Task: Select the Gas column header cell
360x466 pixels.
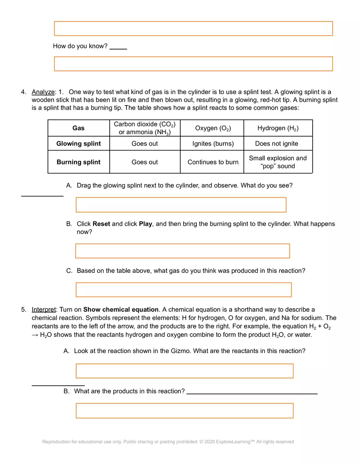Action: pos(79,128)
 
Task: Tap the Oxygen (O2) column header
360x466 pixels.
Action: pos(212,128)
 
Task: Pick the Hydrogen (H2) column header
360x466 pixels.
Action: pos(278,128)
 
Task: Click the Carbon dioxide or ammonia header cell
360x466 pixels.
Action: pos(144,128)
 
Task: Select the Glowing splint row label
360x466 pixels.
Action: pos(79,144)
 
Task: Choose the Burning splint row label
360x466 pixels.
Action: pos(79,162)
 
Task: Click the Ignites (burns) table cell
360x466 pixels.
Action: pos(213,144)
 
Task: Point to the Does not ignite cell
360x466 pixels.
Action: pos(277,144)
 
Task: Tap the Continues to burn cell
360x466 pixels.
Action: pos(213,162)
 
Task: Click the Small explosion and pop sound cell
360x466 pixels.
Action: pos(278,162)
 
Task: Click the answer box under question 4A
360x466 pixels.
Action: pos(181,205)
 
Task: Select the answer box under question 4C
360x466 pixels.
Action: pos(183,290)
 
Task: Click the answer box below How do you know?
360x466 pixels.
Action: pos(193,64)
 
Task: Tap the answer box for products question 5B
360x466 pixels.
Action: pos(184,411)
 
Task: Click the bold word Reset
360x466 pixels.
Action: pos(101,224)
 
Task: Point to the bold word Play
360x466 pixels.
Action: pos(145,224)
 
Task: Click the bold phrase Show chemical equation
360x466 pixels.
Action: pos(121,310)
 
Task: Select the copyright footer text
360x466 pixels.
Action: pos(168,442)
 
